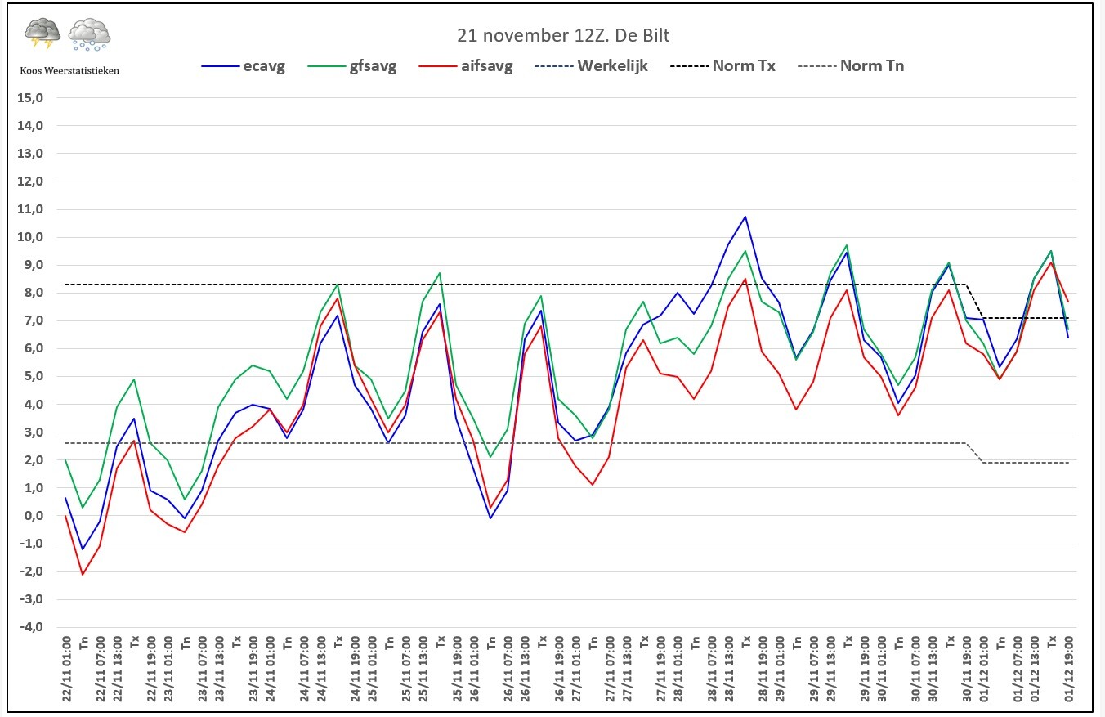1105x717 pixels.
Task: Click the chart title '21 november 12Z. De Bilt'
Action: tap(563, 35)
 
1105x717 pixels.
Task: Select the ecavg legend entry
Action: tap(244, 66)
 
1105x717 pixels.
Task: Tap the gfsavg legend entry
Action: tap(351, 66)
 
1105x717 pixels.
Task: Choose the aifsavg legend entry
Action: tap(466, 66)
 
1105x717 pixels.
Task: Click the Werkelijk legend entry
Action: tap(591, 66)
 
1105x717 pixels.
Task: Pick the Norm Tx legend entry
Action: tap(722, 66)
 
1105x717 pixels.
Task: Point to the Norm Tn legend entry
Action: tap(851, 66)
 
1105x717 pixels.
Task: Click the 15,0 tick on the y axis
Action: tap(30, 98)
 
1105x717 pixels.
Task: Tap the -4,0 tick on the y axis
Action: tap(30, 627)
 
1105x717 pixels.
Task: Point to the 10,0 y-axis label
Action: tap(30, 237)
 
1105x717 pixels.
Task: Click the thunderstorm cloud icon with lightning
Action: tap(42, 34)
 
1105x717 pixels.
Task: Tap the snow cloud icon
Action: tap(89, 34)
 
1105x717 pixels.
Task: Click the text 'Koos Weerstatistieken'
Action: tap(69, 71)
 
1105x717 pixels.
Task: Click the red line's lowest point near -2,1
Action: tap(83, 575)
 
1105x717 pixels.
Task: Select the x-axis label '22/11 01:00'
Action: tap(66, 669)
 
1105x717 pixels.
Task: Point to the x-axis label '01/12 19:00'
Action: tap(1069, 669)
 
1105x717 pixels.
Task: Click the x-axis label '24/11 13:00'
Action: tap(321, 669)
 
